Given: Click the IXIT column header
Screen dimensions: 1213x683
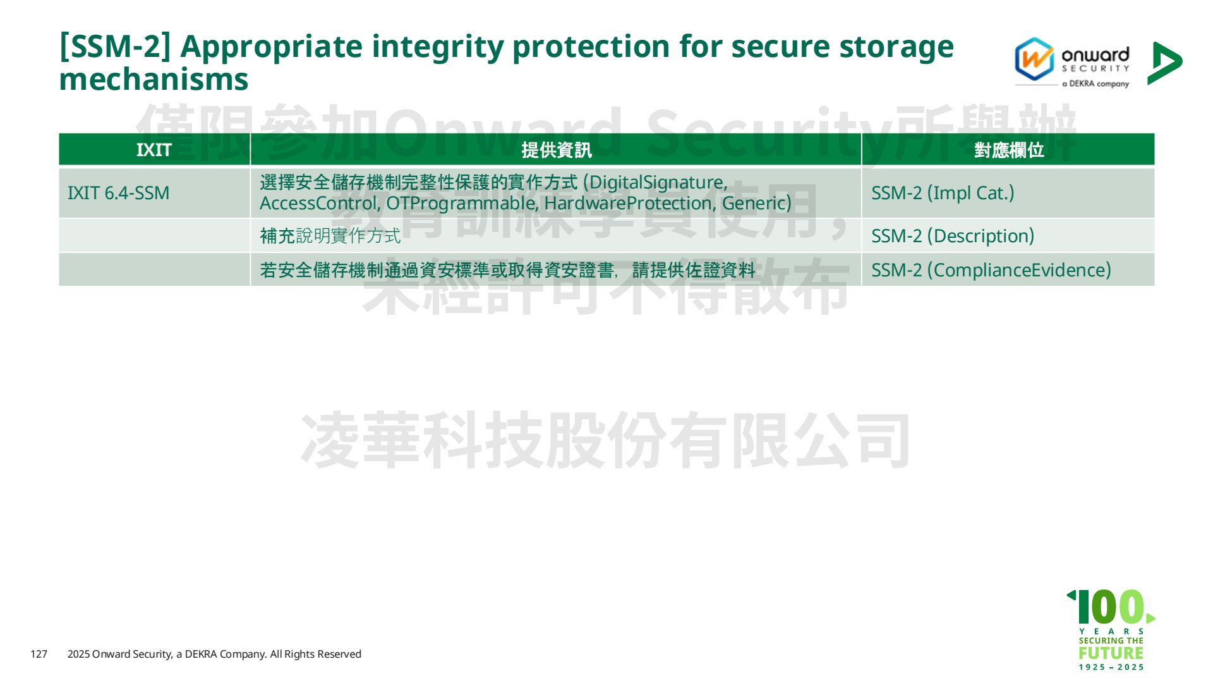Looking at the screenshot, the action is pyautogui.click(x=154, y=150).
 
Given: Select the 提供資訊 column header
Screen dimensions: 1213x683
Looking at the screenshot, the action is pyautogui.click(x=557, y=150).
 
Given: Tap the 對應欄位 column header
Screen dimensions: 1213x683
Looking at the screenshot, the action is pyautogui.click(x=1008, y=150).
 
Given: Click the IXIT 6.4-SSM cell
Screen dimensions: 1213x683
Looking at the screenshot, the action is pyautogui.click(x=119, y=193).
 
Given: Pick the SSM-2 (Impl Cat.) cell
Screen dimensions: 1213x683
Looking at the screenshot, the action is pyautogui.click(x=943, y=193).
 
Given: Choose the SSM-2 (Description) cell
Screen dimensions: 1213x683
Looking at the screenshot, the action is pyautogui.click(x=953, y=236).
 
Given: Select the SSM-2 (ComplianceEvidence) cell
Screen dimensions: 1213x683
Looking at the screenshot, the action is pyautogui.click(x=991, y=270).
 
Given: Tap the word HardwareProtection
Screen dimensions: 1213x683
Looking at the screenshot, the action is pyautogui.click(x=630, y=203).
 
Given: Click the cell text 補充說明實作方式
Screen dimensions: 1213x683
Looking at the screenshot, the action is pyautogui.click(x=330, y=236).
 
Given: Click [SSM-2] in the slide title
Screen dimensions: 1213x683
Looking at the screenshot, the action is pyautogui.click(x=115, y=47).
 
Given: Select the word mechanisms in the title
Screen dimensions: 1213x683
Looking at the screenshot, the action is pyautogui.click(x=154, y=80).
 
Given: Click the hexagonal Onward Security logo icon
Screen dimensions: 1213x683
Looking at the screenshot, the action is pyautogui.click(x=1034, y=59).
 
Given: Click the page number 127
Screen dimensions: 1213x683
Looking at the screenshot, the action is pyautogui.click(x=39, y=654).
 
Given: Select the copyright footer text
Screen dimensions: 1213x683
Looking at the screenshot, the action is pyautogui.click(x=214, y=654).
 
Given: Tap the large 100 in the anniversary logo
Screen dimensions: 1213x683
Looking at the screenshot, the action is pyautogui.click(x=1111, y=607).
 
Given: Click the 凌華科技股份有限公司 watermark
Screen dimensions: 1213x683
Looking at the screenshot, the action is pyautogui.click(x=605, y=440).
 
